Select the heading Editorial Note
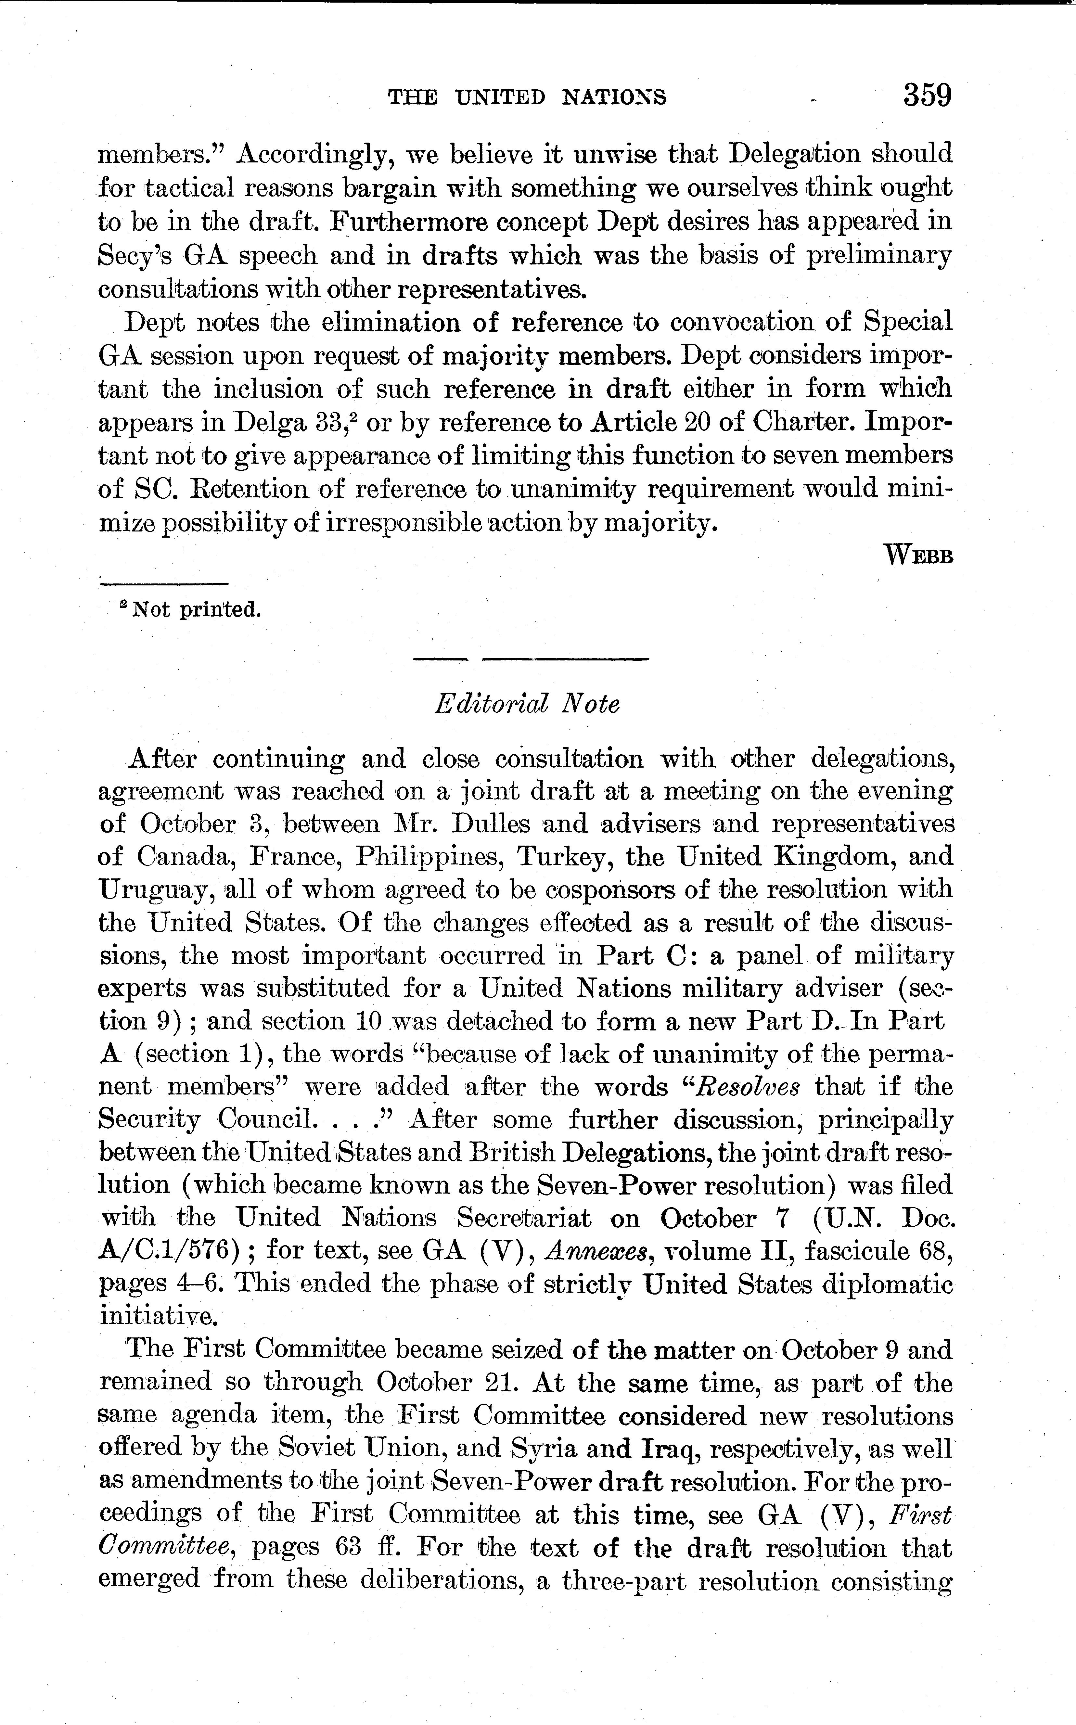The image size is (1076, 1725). pyautogui.click(x=527, y=704)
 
